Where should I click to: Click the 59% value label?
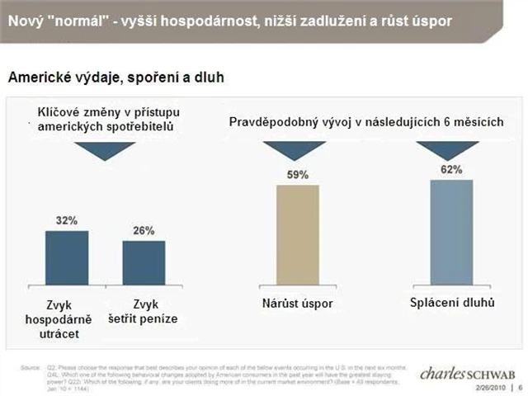(298, 175)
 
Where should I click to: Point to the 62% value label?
(451, 169)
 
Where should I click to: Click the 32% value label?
(68, 221)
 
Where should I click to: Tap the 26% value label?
(144, 231)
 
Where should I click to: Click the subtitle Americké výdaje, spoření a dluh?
(116, 78)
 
